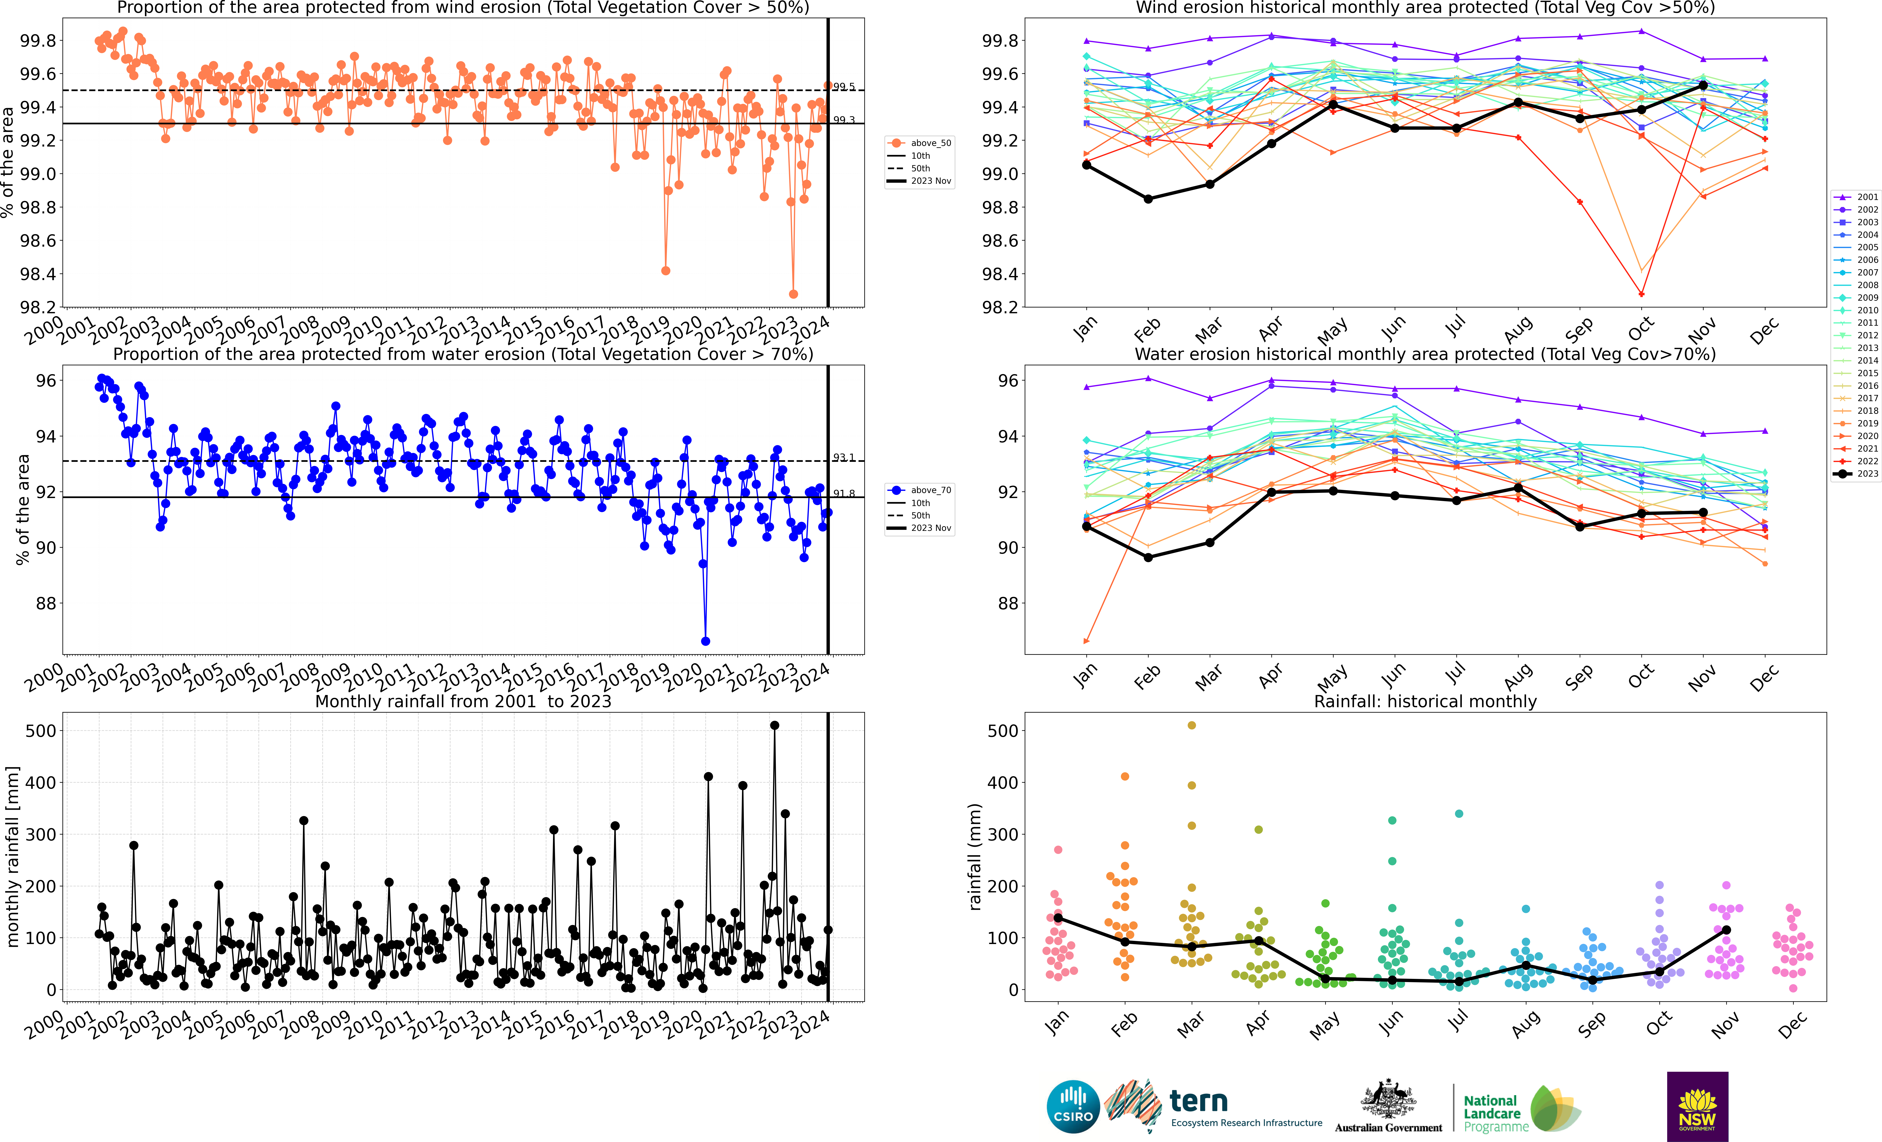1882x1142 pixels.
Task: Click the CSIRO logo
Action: coord(1073,1106)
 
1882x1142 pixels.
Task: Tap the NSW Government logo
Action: coord(1697,1106)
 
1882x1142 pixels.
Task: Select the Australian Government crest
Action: coord(1388,1100)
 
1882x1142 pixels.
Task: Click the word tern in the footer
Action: coord(1198,1102)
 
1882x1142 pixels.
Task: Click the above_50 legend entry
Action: coord(920,143)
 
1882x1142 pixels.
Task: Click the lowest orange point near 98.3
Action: coord(794,294)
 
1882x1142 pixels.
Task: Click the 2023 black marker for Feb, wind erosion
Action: coord(1148,199)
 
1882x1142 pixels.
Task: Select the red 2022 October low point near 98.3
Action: coord(1641,294)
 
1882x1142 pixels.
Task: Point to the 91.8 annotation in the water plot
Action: coord(844,493)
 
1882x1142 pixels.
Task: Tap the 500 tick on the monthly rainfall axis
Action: coord(40,731)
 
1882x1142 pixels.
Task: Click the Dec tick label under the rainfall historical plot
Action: coord(1792,1025)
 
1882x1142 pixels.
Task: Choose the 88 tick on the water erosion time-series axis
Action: coord(47,604)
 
